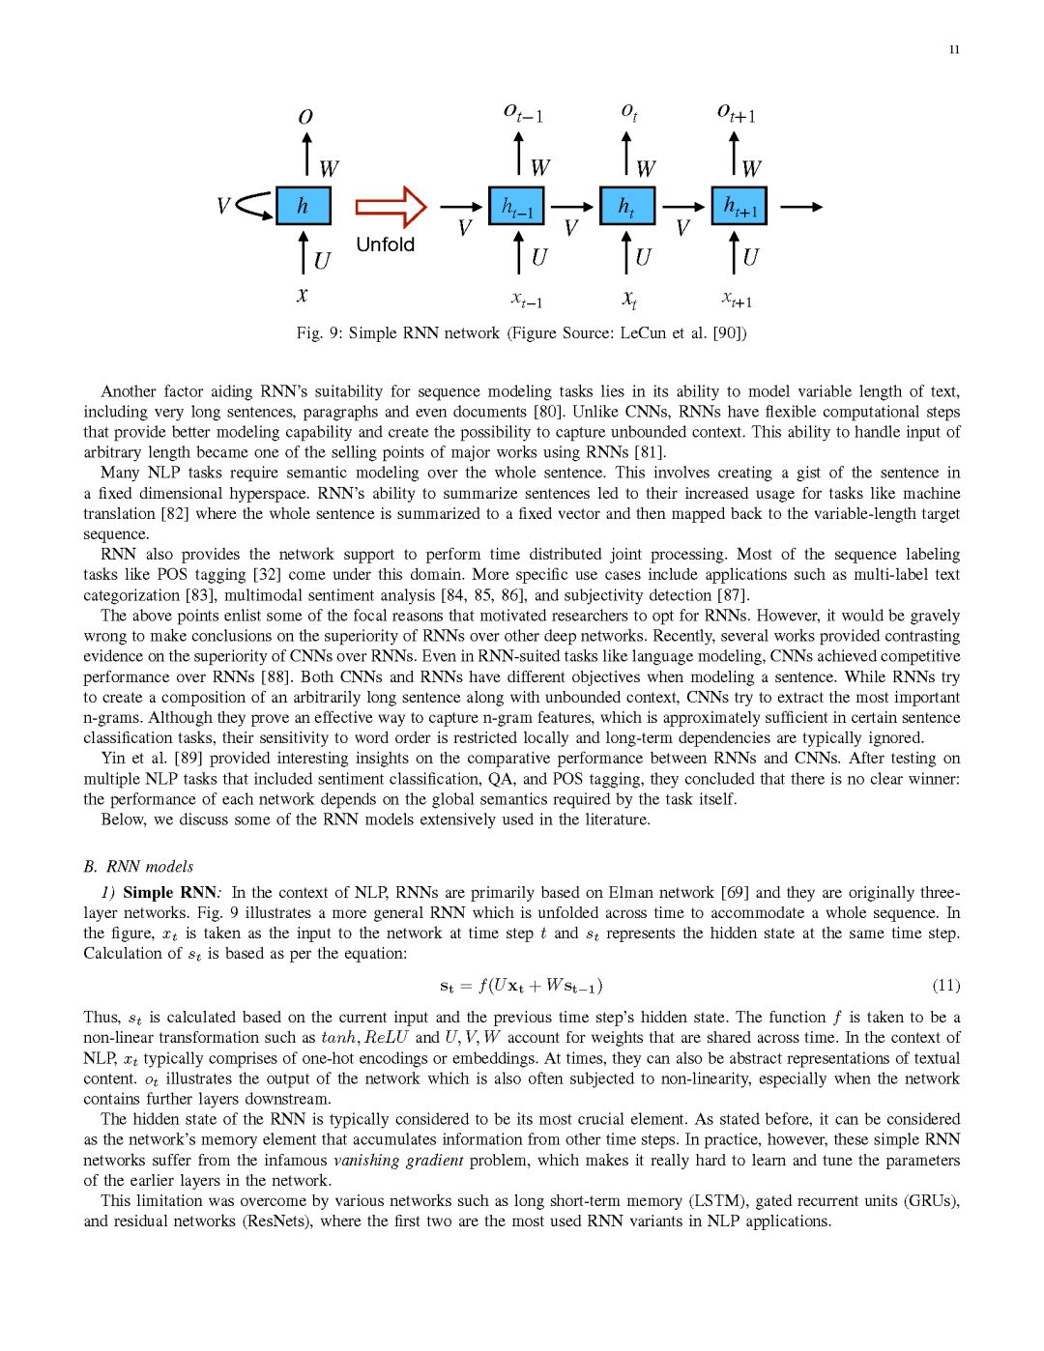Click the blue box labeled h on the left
pyautogui.click(x=304, y=206)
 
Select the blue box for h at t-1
pyautogui.click(x=516, y=206)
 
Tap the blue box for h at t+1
pyautogui.click(x=739, y=206)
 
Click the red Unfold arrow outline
pyautogui.click(x=391, y=207)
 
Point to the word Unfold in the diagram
pyautogui.click(x=385, y=244)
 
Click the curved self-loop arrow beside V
pyautogui.click(x=254, y=205)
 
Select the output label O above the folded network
pyautogui.click(x=305, y=117)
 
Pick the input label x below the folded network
pyautogui.click(x=303, y=295)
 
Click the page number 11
pyautogui.click(x=954, y=49)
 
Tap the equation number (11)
pyautogui.click(x=945, y=985)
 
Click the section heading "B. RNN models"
pyautogui.click(x=138, y=866)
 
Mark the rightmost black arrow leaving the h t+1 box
pyautogui.click(x=801, y=207)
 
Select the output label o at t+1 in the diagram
pyautogui.click(x=737, y=113)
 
